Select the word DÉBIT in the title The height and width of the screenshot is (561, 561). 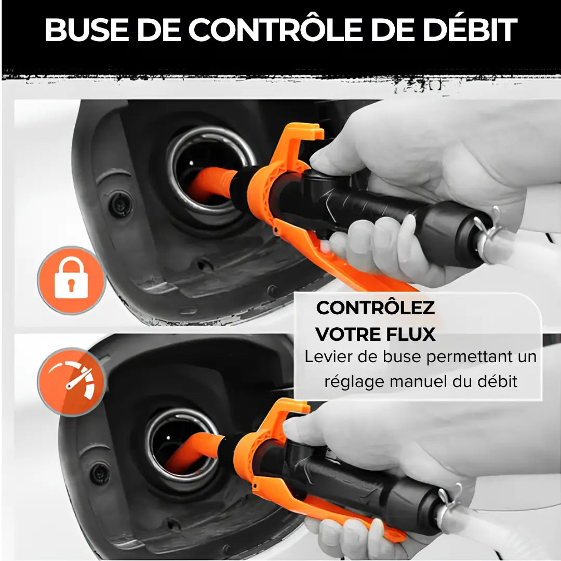(471, 30)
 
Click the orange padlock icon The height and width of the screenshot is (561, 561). (71, 280)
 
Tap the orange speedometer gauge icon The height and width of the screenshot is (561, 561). (71, 382)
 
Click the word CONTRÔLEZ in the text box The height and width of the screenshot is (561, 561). (375, 308)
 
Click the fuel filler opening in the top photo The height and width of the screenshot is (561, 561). (210, 169)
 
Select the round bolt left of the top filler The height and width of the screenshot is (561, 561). (121, 204)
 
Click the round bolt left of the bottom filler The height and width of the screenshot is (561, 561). (99, 474)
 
